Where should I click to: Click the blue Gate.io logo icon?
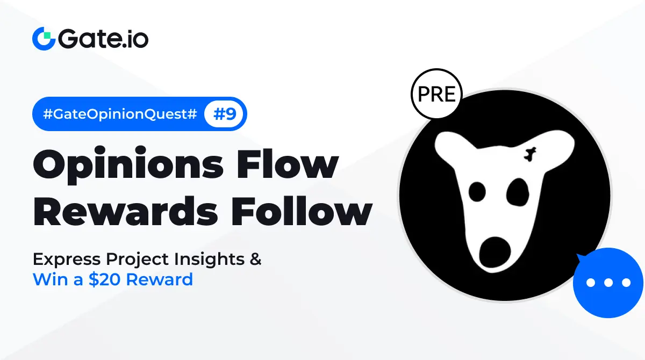[44, 39]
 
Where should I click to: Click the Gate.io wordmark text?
[103, 38]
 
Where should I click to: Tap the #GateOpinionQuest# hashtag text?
[120, 114]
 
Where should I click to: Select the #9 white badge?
[224, 114]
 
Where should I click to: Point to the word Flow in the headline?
[287, 163]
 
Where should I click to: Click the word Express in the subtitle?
[67, 260]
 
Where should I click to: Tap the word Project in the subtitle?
[137, 260]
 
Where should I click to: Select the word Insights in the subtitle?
[209, 260]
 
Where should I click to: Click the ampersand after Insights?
[255, 259]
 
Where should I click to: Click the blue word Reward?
[159, 279]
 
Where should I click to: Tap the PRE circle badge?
[436, 94]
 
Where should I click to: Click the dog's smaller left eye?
[477, 191]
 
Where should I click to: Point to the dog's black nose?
[494, 253]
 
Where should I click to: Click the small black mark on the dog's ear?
[530, 154]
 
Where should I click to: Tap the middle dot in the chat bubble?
[608, 283]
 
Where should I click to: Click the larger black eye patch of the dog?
[518, 192]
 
